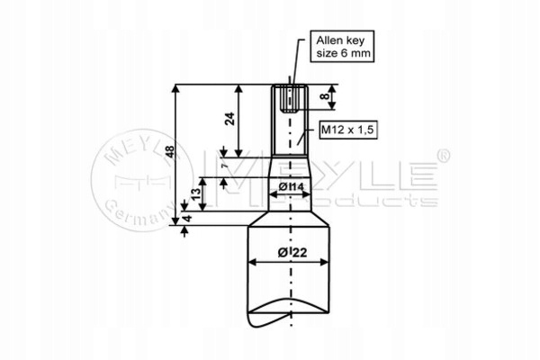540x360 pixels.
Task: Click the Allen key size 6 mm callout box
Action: (x=342, y=46)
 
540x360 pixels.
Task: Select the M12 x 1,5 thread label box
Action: (x=347, y=130)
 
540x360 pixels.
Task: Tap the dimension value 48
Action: (x=170, y=152)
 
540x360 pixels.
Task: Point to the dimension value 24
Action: (x=229, y=119)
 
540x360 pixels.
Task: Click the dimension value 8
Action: (x=324, y=96)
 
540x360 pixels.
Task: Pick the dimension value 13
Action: (x=195, y=194)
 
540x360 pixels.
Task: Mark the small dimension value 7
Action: (x=225, y=166)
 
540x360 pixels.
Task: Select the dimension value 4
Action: (x=187, y=219)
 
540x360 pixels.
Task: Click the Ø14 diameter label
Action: (x=292, y=186)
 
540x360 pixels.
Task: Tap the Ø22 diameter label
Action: (x=292, y=253)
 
